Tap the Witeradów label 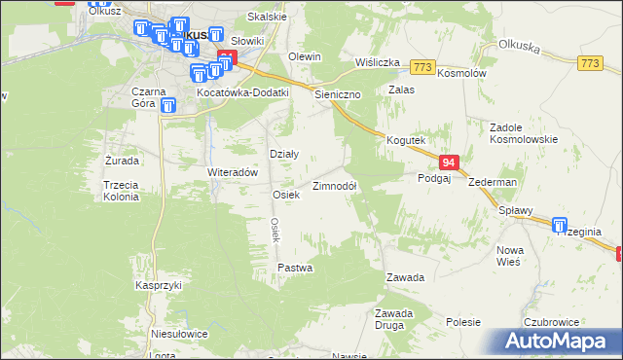pos(232,171)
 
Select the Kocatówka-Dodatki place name pos(243,92)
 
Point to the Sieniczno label pos(339,95)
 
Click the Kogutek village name pos(407,140)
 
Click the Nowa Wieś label pos(509,255)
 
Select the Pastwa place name pos(294,267)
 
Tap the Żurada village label pos(122,160)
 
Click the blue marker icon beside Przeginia pos(560,225)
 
